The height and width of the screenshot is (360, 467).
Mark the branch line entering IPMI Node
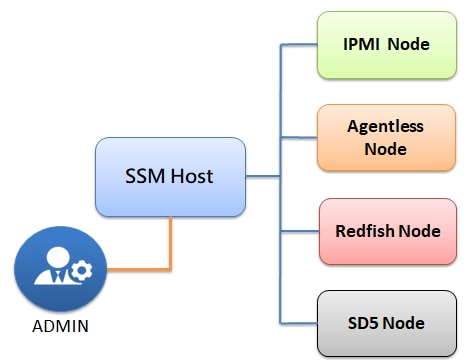click(x=299, y=44)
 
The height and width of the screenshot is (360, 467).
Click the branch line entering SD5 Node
click(x=299, y=322)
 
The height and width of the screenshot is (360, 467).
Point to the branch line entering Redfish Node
click(x=299, y=230)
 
